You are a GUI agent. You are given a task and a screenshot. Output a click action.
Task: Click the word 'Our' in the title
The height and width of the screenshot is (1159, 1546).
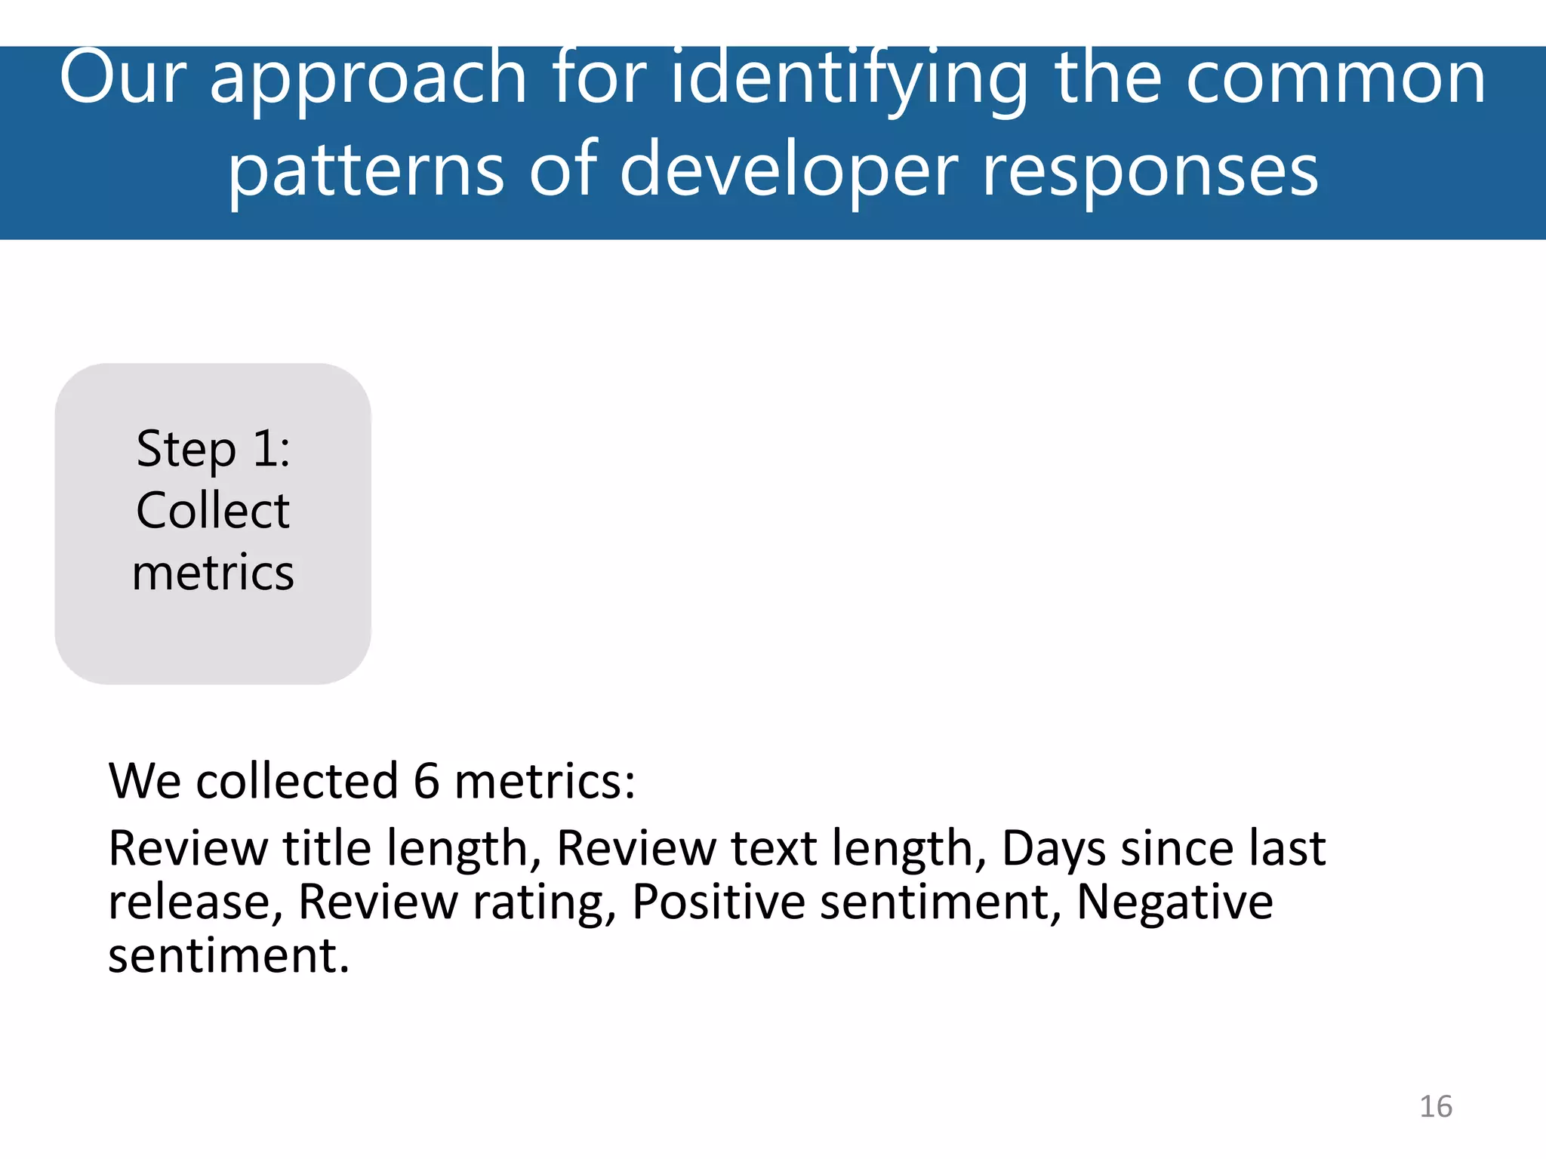[122, 77]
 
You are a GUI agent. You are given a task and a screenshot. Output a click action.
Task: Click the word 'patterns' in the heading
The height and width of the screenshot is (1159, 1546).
[366, 172]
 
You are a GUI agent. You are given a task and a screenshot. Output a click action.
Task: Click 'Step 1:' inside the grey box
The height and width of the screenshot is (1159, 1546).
[213, 450]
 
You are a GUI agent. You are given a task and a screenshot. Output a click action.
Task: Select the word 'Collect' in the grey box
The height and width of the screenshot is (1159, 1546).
[213, 511]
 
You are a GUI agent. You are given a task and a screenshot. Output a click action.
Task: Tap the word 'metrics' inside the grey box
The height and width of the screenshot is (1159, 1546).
[213, 573]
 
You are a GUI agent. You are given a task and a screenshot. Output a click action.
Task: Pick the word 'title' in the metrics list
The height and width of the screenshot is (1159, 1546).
[326, 847]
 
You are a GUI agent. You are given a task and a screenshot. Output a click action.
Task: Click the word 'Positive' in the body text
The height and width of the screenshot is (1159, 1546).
[718, 902]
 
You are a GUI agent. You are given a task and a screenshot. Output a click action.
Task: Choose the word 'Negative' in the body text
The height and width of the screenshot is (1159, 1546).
[1175, 902]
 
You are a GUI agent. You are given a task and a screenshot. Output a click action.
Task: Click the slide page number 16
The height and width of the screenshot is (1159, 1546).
[1435, 1107]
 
